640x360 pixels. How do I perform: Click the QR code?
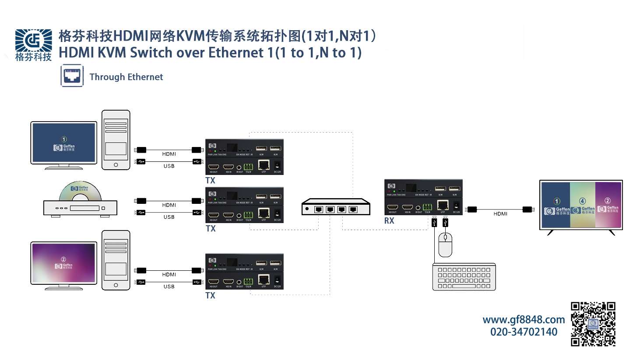pyautogui.click(x=593, y=324)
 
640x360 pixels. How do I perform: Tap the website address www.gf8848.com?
pyautogui.click(x=524, y=320)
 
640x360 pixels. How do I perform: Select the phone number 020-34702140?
pyautogui.click(x=524, y=332)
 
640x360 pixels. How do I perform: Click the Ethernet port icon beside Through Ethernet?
pyautogui.click(x=72, y=76)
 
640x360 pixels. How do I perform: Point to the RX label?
pyautogui.click(x=389, y=221)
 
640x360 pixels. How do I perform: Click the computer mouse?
pyautogui.click(x=445, y=245)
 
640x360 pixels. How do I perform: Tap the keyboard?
pyautogui.click(x=464, y=277)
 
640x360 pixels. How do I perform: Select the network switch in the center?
pyautogui.click(x=336, y=207)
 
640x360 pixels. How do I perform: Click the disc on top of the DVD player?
pyautogui.click(x=80, y=192)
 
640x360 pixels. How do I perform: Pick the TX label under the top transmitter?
pyautogui.click(x=211, y=181)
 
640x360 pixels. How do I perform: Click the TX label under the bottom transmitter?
pyautogui.click(x=211, y=296)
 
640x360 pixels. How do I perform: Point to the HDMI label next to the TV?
pyautogui.click(x=500, y=214)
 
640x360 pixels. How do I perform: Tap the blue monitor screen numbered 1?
pyautogui.click(x=64, y=143)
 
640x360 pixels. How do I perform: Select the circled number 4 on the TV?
pyautogui.click(x=582, y=201)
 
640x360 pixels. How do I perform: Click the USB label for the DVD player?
pyautogui.click(x=169, y=217)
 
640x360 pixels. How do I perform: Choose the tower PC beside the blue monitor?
pyautogui.click(x=116, y=140)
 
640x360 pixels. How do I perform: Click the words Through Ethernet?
pyautogui.click(x=126, y=77)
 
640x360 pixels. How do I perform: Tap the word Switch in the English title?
pyautogui.click(x=151, y=53)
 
